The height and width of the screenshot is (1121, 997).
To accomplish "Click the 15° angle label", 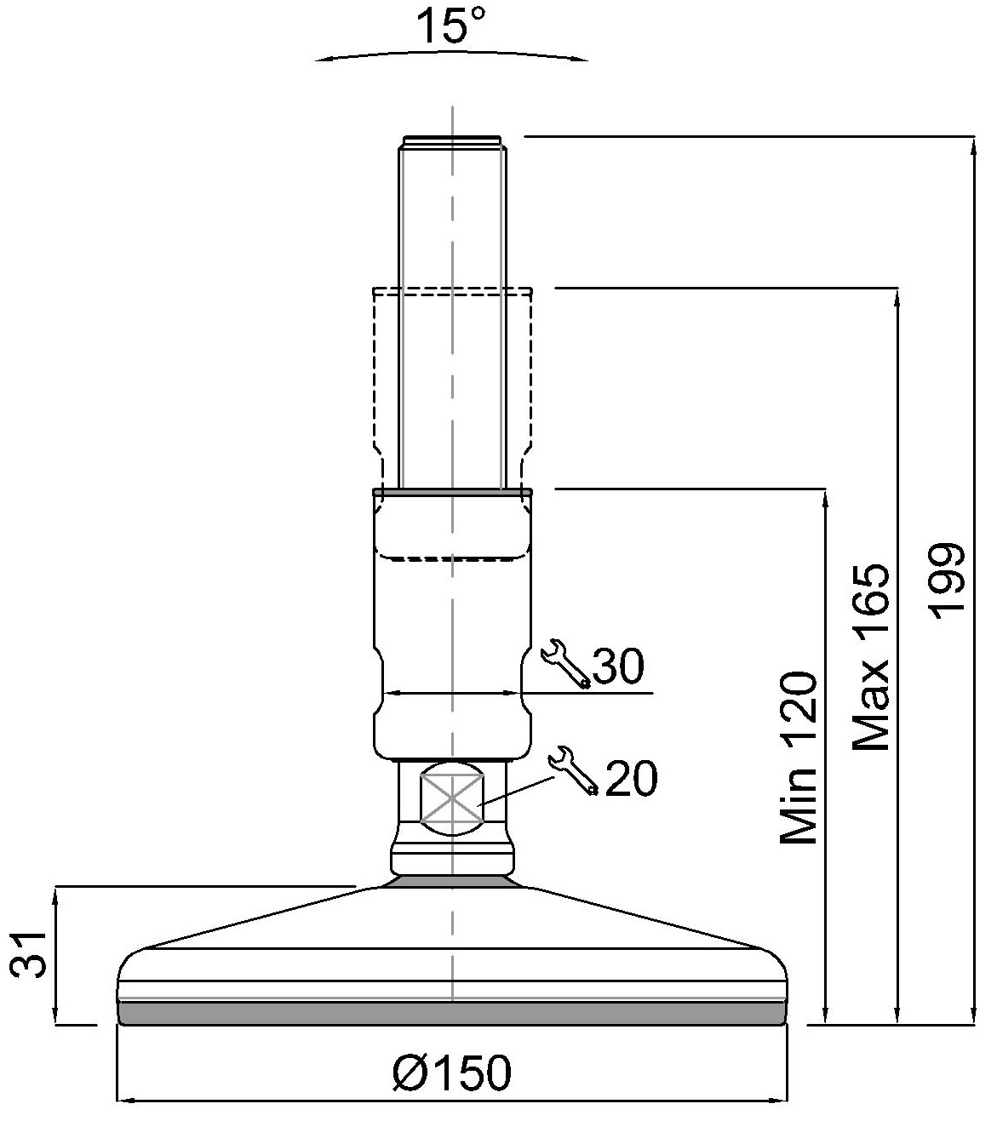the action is point(450,26).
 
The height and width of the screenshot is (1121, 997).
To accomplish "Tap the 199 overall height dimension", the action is point(947,581).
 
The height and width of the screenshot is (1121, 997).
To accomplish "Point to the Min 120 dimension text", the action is point(799,758).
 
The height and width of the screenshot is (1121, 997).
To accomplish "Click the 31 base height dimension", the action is point(29,955).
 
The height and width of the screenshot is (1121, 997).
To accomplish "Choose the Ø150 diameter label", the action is point(452,1072).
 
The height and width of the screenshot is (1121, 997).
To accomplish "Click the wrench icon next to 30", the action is point(565,664).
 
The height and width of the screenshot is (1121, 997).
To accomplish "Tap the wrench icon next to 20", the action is point(574,771).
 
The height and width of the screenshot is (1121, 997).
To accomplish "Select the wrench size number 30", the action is point(619,666).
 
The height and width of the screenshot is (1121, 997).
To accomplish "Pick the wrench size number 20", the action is point(632,778).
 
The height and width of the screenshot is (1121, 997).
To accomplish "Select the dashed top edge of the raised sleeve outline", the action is point(452,288).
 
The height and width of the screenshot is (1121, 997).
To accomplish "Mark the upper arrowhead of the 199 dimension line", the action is point(974,145).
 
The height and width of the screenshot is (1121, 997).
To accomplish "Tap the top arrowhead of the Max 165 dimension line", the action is point(897,298).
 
